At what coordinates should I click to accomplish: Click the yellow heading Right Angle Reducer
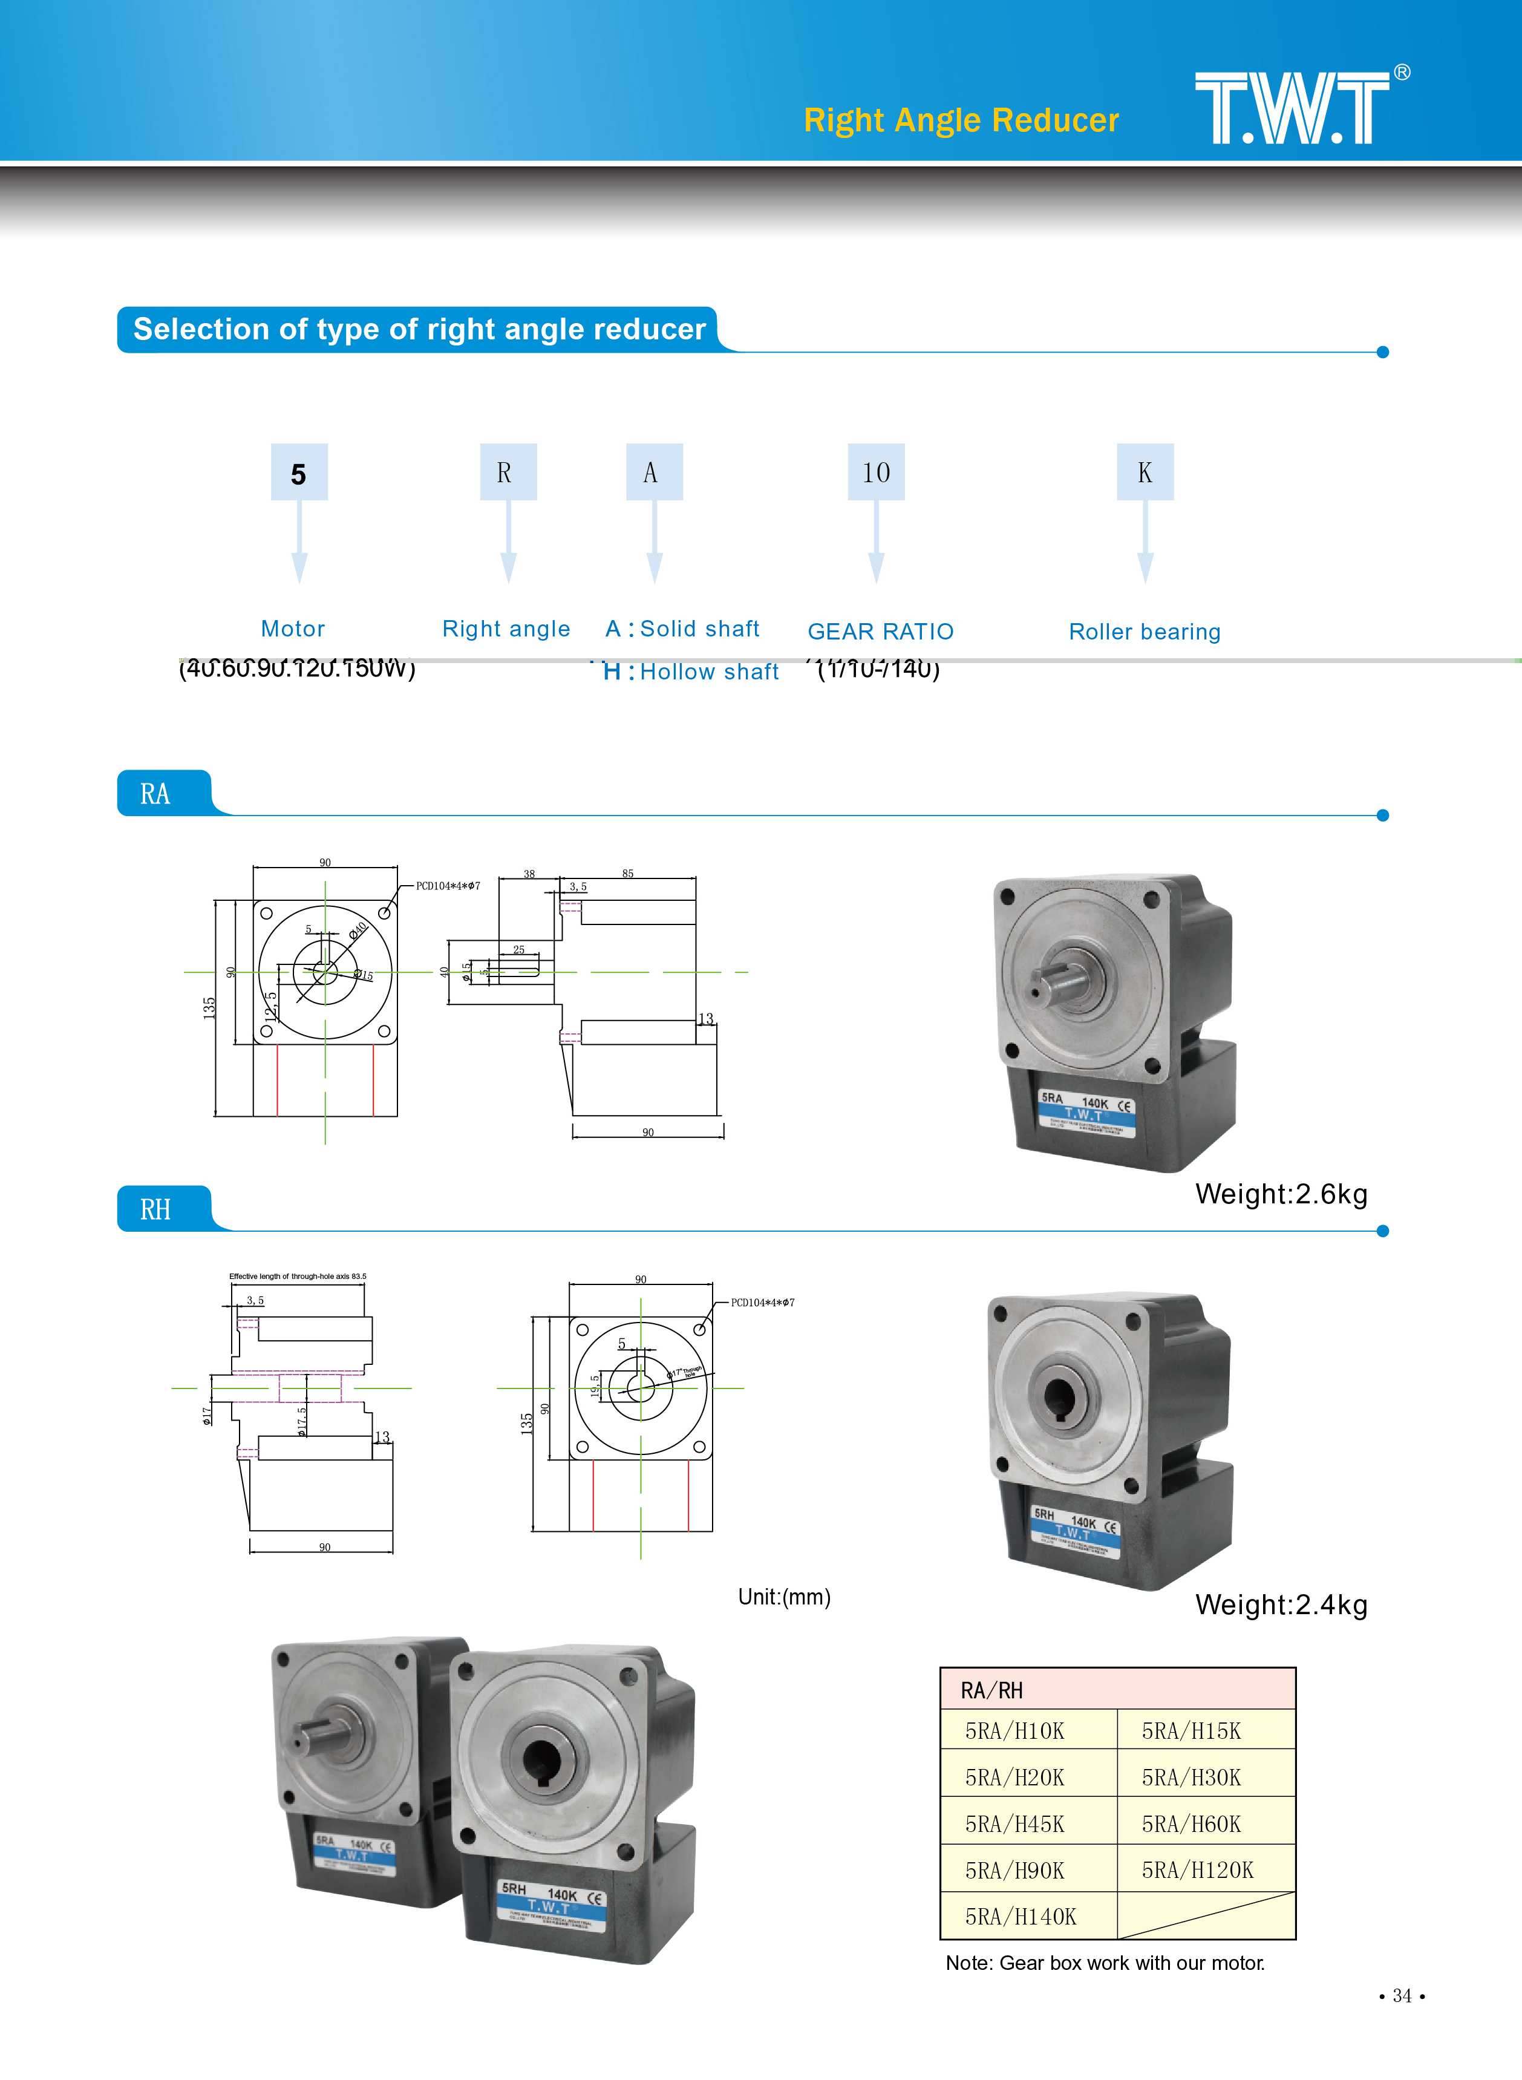[x=961, y=120]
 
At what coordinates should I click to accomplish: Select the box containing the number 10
[x=875, y=473]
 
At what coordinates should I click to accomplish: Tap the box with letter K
[x=1145, y=473]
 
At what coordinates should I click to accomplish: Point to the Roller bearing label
[x=1145, y=632]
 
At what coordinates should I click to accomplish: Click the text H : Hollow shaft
[x=690, y=672]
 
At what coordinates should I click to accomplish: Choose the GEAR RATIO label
[x=880, y=632]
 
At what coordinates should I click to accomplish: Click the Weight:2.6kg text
[x=1281, y=1194]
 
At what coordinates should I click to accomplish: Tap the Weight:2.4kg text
[x=1281, y=1604]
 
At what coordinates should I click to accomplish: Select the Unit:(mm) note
[x=784, y=1597]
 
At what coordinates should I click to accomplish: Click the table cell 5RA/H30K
[x=1191, y=1777]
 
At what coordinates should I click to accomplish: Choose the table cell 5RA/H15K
[x=1191, y=1731]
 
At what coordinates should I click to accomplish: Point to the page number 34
[x=1401, y=1995]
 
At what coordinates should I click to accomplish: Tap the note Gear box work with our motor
[x=1105, y=1963]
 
